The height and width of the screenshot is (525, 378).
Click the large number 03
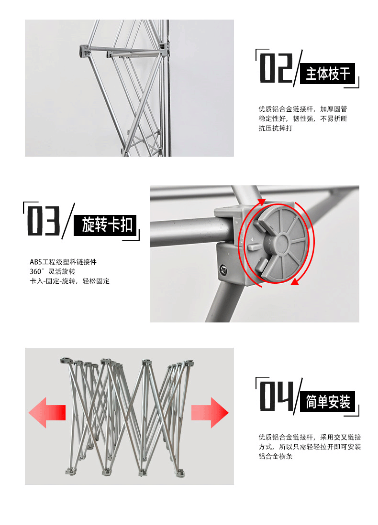(43, 221)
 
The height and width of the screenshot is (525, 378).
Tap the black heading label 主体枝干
(327, 73)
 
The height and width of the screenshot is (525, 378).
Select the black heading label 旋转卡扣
(105, 225)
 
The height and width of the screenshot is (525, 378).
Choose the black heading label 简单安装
(327, 401)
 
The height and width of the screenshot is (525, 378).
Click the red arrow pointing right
(210, 413)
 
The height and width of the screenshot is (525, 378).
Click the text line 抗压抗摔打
(276, 128)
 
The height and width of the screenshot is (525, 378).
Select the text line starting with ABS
(63, 262)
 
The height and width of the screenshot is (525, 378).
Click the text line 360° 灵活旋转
(52, 271)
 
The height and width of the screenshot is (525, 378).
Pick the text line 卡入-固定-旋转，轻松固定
(70, 281)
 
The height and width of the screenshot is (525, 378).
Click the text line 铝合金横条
(276, 456)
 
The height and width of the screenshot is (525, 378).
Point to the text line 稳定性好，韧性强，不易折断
(303, 118)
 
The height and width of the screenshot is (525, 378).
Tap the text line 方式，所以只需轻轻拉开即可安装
(310, 447)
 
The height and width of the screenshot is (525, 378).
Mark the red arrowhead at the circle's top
(261, 202)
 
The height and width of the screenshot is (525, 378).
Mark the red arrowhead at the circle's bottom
(294, 282)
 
